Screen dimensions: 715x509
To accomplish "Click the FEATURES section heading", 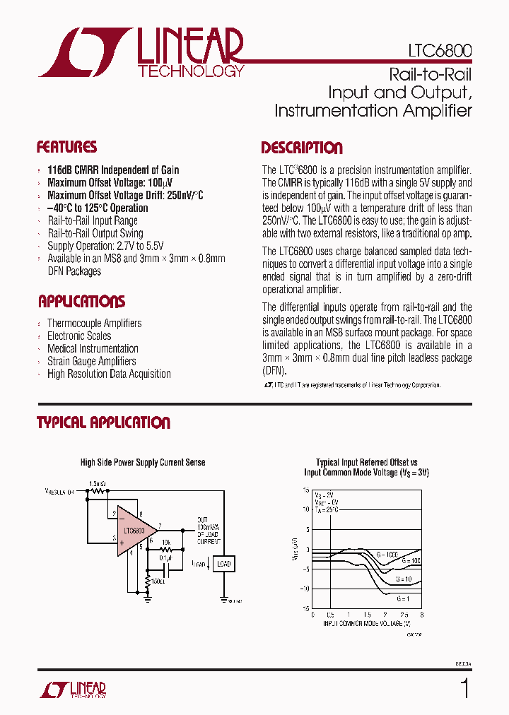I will (x=66, y=148).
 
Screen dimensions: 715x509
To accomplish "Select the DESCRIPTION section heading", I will (x=302, y=148).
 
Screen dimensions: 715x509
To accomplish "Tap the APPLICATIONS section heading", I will (x=81, y=302).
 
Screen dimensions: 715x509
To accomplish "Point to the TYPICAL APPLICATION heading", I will (x=103, y=423).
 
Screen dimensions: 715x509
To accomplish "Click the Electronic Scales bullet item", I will (x=79, y=336).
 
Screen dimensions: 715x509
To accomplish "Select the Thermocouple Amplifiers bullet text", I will (x=94, y=323).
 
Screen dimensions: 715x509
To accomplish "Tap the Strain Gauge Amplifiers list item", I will (x=91, y=361).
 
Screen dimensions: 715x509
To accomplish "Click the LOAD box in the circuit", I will (x=223, y=564).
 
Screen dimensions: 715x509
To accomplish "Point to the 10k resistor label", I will (x=166, y=543).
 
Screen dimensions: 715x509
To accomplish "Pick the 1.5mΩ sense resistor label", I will (x=98, y=484).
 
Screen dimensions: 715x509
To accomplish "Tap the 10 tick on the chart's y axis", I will (x=306, y=508).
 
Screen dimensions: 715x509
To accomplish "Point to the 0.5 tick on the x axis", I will (x=330, y=615).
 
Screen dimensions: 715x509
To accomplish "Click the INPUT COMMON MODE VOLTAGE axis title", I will (x=367, y=624).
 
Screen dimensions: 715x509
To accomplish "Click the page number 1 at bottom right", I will (x=464, y=688).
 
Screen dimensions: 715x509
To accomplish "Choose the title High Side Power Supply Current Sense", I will (x=143, y=463).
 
